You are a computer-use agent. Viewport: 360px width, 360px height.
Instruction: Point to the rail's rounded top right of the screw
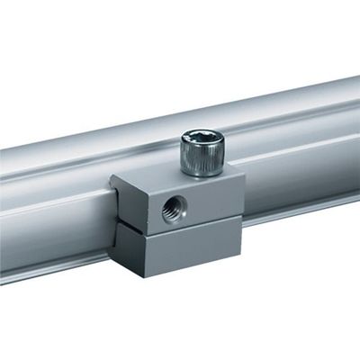click(x=288, y=112)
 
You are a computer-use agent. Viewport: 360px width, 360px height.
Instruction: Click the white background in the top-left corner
click(x=27, y=27)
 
